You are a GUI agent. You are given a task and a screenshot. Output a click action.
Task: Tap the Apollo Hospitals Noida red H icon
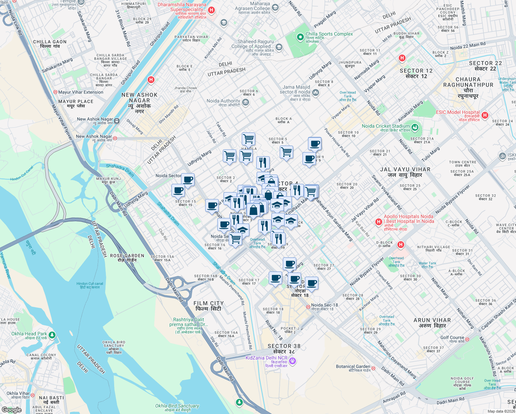coord(379,221)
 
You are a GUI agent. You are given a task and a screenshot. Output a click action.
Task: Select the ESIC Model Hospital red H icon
coord(485,115)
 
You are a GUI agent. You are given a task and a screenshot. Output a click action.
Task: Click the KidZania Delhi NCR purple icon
coord(292,361)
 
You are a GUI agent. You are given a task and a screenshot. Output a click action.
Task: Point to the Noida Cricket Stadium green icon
coord(415,128)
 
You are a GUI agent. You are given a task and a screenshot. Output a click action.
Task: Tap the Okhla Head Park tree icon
coord(52,335)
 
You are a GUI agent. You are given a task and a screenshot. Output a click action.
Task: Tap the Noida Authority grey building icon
coord(245,102)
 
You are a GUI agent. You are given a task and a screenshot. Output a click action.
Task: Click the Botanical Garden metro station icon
coord(373,368)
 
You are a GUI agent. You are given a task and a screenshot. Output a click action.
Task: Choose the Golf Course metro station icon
coord(467,339)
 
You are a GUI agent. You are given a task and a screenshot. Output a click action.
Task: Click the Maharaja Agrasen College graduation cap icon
coord(275,8)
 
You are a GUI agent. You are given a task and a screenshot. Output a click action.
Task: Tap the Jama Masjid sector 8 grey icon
coord(315,92)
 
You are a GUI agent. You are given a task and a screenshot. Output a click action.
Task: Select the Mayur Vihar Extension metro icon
coord(55,92)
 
